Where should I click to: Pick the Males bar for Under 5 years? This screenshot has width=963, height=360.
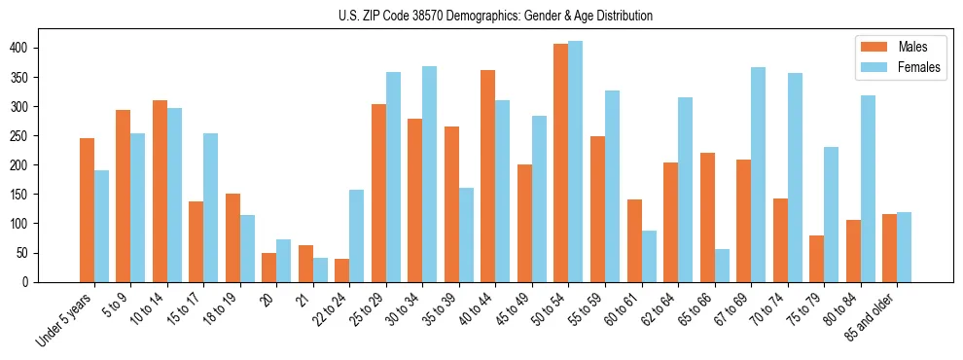88,209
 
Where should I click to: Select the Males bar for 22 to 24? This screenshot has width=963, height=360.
342,270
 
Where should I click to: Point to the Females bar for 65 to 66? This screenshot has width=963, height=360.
722,265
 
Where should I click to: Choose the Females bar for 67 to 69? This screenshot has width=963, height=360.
759,174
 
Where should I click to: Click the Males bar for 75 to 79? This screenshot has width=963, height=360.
816,258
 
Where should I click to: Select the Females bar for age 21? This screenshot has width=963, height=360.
321,270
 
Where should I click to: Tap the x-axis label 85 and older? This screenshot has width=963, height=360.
879,319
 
